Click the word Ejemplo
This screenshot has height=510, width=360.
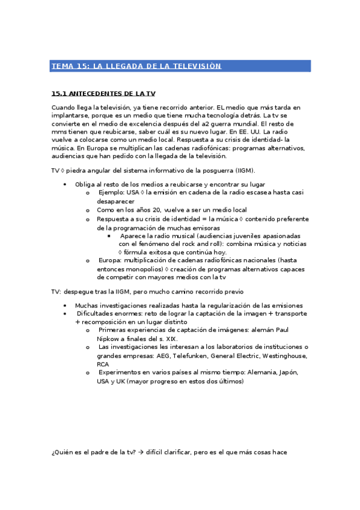click(x=112, y=192)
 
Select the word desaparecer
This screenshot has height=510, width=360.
click(x=117, y=201)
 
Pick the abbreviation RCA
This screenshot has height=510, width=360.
click(x=103, y=364)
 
